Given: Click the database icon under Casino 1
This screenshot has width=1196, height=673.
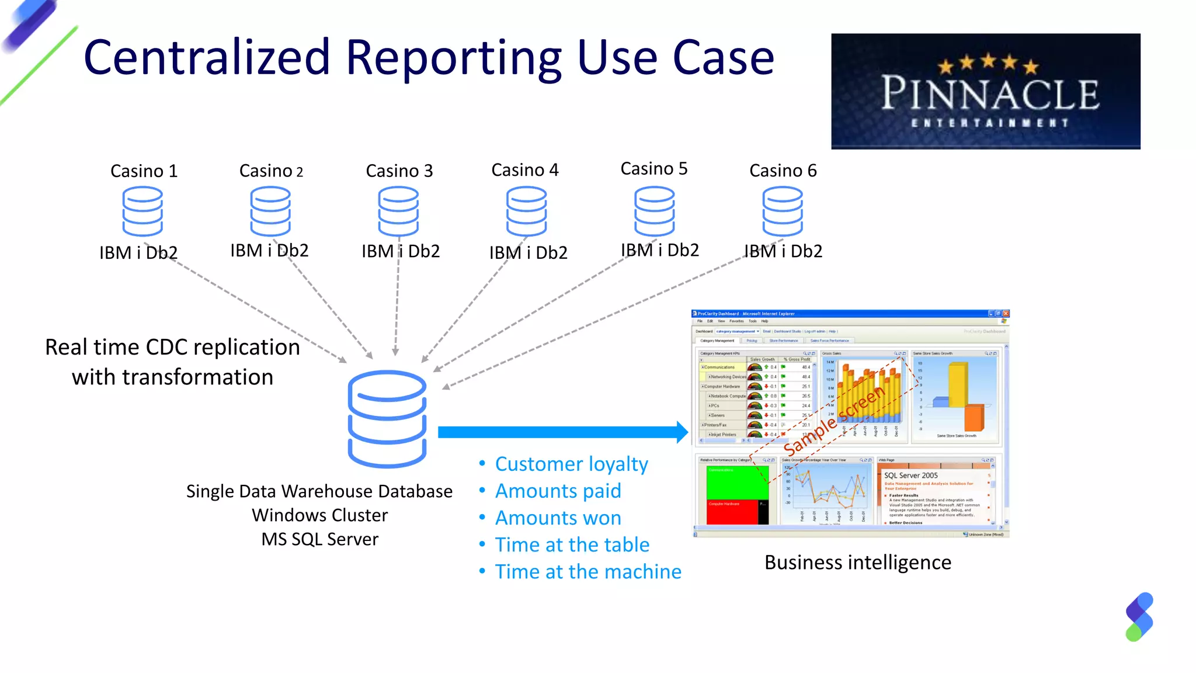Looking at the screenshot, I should tap(142, 211).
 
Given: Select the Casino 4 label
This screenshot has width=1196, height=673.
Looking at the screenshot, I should tap(525, 170).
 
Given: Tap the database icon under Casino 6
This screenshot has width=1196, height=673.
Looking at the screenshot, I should tap(783, 211).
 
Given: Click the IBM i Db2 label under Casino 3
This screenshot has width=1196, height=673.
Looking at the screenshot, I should tap(400, 251).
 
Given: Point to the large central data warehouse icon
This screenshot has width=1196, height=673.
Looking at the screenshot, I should tap(387, 419).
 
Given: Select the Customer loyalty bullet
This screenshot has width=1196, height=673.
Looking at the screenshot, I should tap(571, 464).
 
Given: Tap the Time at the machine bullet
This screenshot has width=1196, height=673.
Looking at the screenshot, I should tap(587, 571).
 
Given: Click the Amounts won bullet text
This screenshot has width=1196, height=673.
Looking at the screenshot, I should tap(558, 518).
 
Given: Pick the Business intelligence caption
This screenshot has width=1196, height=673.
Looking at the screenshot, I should tap(857, 562).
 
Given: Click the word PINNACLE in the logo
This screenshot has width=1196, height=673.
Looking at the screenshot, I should tap(990, 93).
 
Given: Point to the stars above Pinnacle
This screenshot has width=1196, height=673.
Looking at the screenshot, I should tap(988, 63).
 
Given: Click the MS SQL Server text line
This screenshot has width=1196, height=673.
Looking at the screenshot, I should tap(319, 539).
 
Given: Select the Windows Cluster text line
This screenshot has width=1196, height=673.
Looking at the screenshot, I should tap(319, 515).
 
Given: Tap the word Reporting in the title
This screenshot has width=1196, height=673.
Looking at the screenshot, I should tap(453, 58).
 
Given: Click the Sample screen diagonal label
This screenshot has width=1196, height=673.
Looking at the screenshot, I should tap(834, 421).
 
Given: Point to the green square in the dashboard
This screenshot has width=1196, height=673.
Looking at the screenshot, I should tap(737, 483).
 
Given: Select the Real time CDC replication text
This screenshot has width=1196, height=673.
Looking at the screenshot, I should tap(172, 347).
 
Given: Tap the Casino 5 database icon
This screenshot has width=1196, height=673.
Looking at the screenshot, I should tap(654, 211).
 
